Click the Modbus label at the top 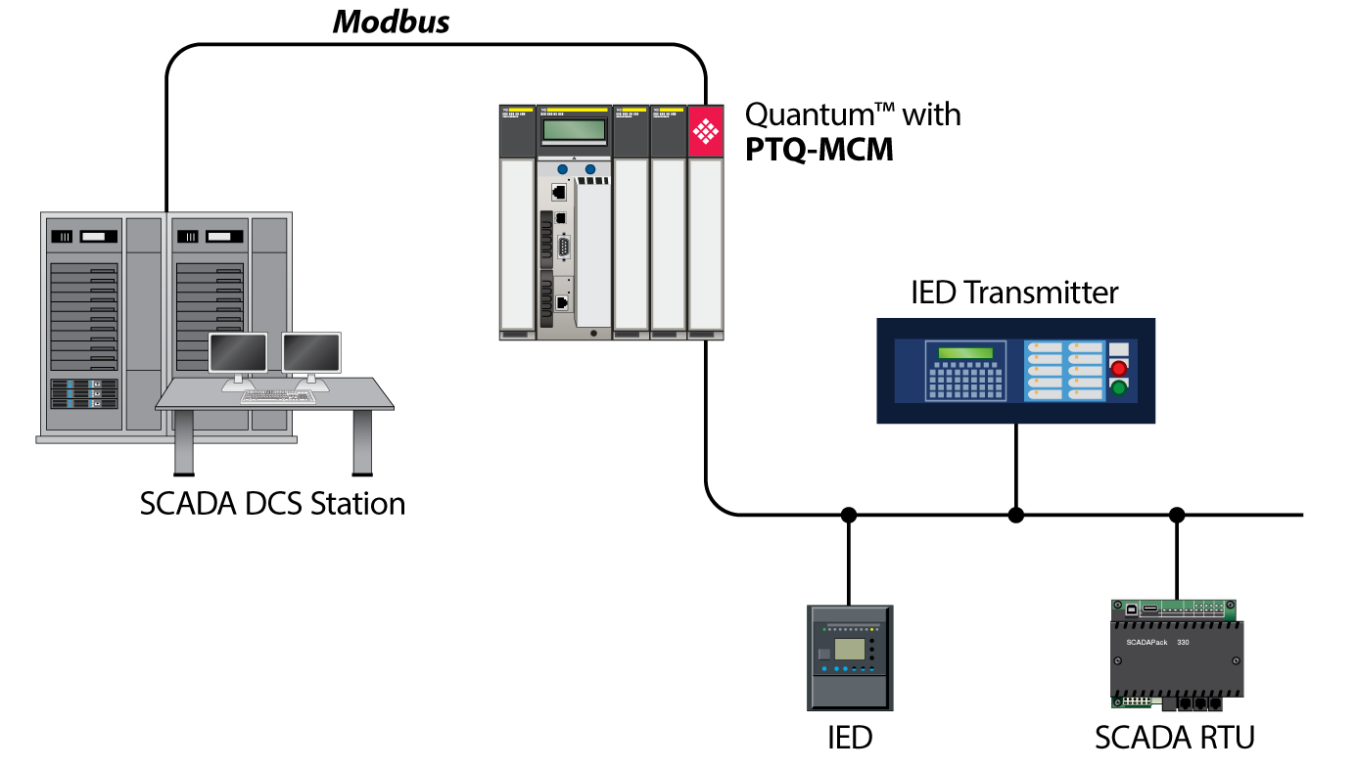392,23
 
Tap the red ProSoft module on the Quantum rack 705,130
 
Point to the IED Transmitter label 1015,293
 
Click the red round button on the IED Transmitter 1119,369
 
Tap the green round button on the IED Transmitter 1119,388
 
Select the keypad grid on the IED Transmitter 966,382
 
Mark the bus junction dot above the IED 849,515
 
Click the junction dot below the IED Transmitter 1016,515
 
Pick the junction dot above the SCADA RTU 1178,515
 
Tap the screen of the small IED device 849,648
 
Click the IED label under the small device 849,737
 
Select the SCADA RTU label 1175,737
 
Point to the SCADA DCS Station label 272,504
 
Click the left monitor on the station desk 238,352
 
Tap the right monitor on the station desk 311,352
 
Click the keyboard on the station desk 277,396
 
